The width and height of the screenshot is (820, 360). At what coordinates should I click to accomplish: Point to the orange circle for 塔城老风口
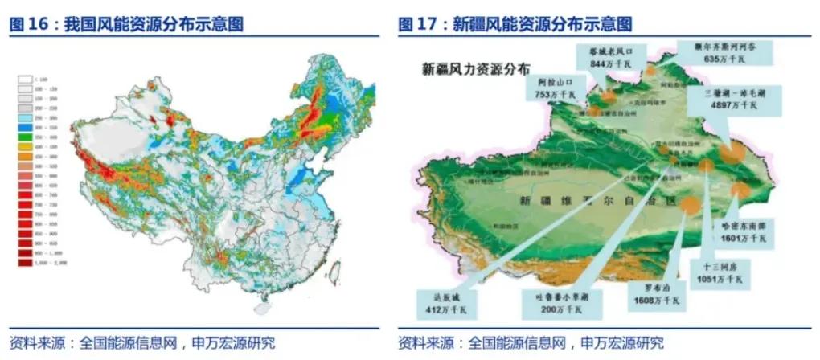pos(609,96)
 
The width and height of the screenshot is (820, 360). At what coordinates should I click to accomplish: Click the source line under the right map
pos(531,343)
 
